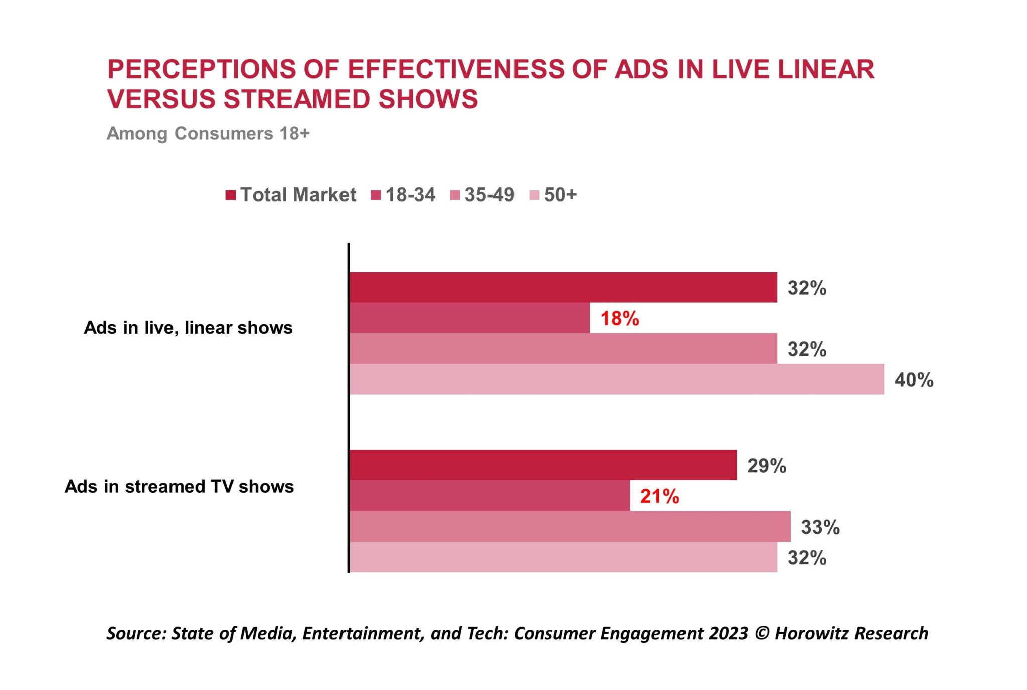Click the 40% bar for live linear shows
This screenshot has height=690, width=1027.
coord(616,379)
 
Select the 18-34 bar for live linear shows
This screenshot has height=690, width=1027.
coord(469,318)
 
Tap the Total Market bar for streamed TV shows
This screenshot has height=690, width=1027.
coord(543,465)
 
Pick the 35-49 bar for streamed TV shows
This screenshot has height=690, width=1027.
coord(570,526)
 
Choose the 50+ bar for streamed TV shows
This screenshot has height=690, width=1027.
coord(563,557)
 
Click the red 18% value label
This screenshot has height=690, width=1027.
coord(620,318)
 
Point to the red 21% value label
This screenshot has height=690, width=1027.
coord(659,496)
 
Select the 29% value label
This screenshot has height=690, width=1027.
coord(766,466)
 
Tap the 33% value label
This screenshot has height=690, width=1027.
coord(820,527)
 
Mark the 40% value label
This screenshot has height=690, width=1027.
coord(914,380)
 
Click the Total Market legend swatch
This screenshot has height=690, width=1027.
coord(231,195)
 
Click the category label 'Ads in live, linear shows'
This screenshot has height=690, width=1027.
coord(188,327)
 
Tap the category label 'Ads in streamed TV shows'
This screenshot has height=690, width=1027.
coord(179,486)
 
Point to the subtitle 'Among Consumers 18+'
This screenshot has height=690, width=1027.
coord(208,133)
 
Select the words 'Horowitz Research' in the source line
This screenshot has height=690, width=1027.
coord(851,633)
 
